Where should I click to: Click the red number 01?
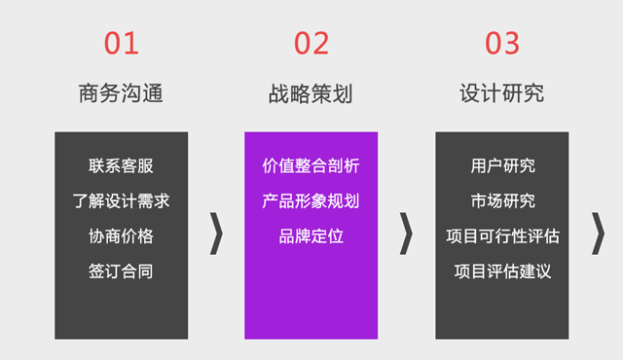pyautogui.click(x=121, y=43)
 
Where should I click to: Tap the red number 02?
pyautogui.click(x=311, y=43)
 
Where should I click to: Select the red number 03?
pyautogui.click(x=502, y=43)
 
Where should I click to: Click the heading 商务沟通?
pyautogui.click(x=121, y=93)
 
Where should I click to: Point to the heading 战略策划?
pyautogui.click(x=311, y=93)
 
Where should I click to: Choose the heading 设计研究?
pyautogui.click(x=501, y=93)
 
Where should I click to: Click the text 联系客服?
pyautogui.click(x=121, y=166)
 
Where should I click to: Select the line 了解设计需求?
pyautogui.click(x=121, y=201)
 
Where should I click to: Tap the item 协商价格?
pyautogui.click(x=121, y=236)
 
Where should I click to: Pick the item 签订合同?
pyautogui.click(x=121, y=271)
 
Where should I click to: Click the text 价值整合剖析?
pyautogui.click(x=311, y=166)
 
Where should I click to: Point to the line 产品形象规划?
pyautogui.click(x=311, y=201)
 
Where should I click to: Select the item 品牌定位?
pyautogui.click(x=311, y=236)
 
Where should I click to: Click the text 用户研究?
pyautogui.click(x=502, y=166)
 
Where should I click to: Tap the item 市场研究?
pyautogui.click(x=502, y=201)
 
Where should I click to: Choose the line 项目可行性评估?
pyautogui.click(x=502, y=236)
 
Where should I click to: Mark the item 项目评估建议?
pyautogui.click(x=502, y=271)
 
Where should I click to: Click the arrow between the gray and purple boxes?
pyautogui.click(x=217, y=235)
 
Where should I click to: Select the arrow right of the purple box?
pyautogui.click(x=407, y=235)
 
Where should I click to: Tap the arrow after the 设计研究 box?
pyautogui.click(x=599, y=235)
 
